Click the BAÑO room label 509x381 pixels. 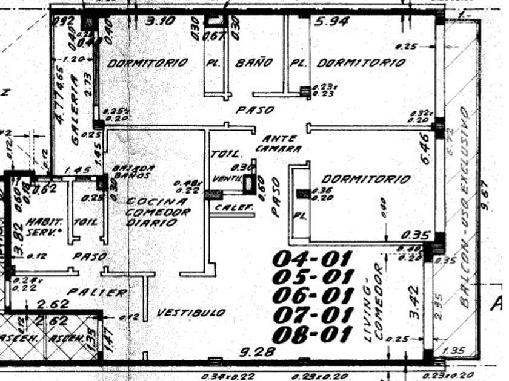click(254, 62)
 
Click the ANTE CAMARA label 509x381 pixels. click(278, 143)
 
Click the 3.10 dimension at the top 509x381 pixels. click(160, 21)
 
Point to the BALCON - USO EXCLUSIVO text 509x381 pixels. click(465, 209)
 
